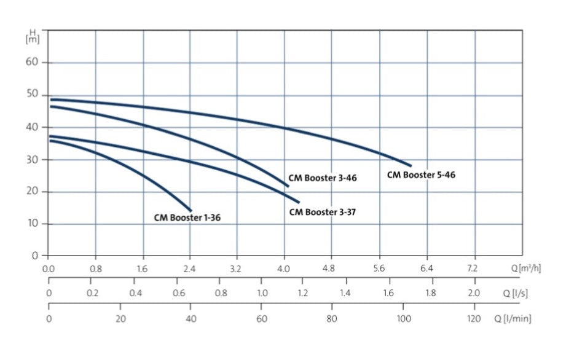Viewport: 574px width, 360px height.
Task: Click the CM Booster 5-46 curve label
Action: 421,175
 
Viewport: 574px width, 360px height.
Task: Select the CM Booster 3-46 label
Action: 323,178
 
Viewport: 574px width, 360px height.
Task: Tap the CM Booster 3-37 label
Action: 323,213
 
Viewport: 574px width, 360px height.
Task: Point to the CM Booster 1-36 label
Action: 187,217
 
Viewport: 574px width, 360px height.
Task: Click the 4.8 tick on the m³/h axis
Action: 332,268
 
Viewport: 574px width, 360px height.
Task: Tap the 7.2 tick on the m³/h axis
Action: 474,268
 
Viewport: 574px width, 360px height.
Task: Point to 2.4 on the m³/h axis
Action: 190,268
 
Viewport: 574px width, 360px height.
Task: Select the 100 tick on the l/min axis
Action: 403,319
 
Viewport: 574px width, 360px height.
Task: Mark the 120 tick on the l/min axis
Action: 474,319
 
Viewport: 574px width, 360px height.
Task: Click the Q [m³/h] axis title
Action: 526,268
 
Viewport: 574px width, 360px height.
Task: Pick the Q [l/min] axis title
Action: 513,319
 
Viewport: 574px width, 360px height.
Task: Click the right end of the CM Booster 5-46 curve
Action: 411,166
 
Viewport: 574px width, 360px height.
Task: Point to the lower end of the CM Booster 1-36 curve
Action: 191,211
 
